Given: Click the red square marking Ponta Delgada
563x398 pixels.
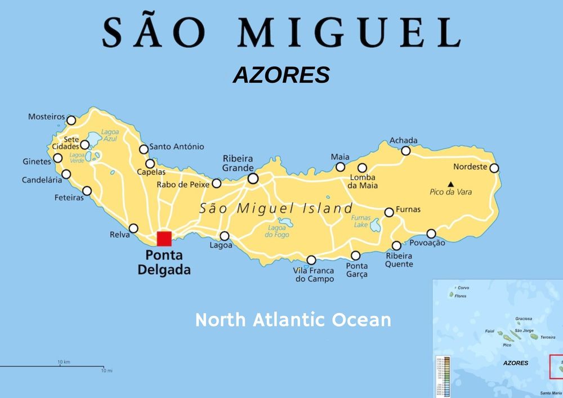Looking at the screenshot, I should coord(164,239).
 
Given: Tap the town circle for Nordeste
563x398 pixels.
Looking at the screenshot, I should coord(494,168).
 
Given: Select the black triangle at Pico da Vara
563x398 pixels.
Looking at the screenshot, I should coord(450,184).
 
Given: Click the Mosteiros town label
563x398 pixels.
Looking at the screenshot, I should coord(46,117).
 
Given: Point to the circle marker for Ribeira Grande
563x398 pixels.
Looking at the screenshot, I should coord(253,178).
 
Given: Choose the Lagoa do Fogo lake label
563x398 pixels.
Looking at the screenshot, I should coord(277,231).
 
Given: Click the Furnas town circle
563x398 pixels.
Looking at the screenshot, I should coord(389,212).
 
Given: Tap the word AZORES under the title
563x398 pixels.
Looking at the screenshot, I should coord(281,75).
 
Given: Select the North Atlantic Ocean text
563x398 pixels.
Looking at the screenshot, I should coord(293,320).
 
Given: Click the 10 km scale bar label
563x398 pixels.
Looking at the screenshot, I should coord(64,361).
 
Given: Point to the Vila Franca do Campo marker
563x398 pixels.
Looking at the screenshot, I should coord(311,260).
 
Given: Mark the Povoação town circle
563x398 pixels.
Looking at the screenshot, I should coord(431,234).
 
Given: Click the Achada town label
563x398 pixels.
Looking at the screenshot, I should coord(404,140).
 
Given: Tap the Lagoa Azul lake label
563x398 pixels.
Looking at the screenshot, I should coord(110,135).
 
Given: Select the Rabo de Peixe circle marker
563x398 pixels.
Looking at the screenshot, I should coord(216,184).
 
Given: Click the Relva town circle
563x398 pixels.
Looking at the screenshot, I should coord(133,229).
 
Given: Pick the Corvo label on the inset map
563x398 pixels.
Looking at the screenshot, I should coord(463,288).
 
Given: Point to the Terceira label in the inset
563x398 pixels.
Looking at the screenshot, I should coord(547,337).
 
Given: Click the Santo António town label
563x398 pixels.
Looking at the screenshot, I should coord(177,147).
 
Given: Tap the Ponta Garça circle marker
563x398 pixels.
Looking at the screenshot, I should coord(356,256).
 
